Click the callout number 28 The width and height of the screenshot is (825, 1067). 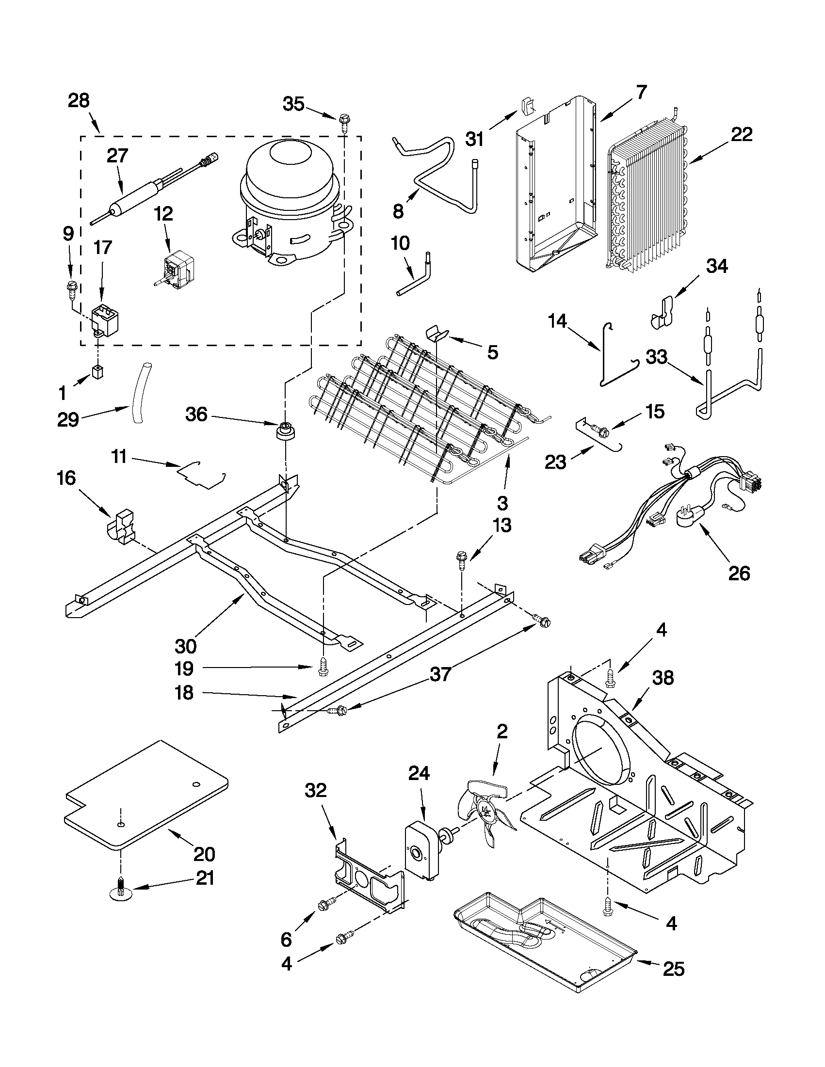[79, 101]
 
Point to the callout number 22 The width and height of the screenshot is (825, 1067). [741, 134]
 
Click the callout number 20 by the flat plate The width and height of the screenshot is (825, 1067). [204, 854]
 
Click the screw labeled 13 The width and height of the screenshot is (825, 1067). [461, 560]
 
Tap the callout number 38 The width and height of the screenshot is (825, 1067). [662, 678]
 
